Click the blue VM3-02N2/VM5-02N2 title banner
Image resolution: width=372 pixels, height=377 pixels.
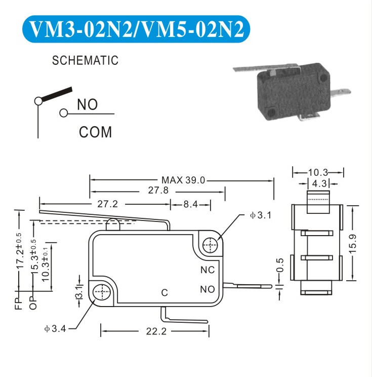click(x=136, y=29)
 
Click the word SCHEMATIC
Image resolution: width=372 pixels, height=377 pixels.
click(x=85, y=60)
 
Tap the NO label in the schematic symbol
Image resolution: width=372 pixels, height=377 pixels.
click(x=87, y=104)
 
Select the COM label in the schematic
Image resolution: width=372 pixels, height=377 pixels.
click(x=95, y=132)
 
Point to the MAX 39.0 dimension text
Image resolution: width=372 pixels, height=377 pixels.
click(x=183, y=180)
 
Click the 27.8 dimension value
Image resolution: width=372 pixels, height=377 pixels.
click(x=158, y=190)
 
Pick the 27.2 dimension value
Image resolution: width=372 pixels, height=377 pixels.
click(x=108, y=204)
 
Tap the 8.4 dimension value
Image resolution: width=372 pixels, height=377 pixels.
click(x=190, y=204)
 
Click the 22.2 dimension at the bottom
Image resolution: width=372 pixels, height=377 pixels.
click(x=156, y=331)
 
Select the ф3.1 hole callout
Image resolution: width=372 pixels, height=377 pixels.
click(x=261, y=215)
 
